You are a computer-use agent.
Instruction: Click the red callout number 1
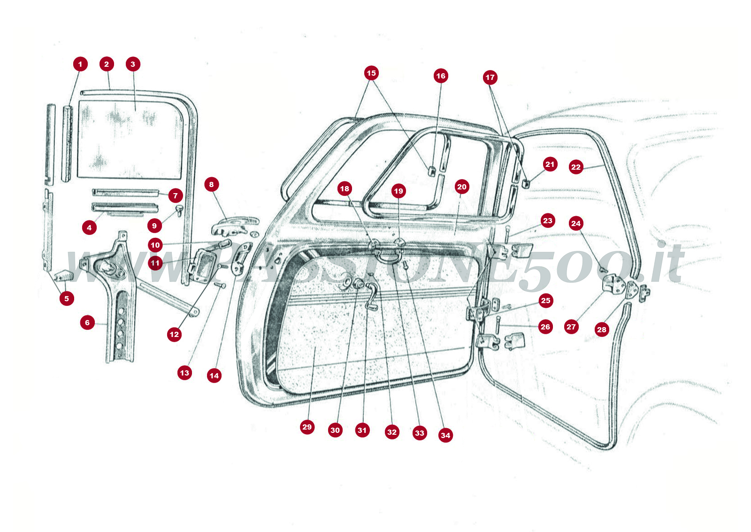pos(80,64)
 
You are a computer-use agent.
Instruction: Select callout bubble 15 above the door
pos(371,73)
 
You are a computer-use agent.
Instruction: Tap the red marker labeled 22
pos(576,167)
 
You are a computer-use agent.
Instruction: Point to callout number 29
pos(307,427)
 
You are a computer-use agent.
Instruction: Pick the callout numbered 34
pos(445,435)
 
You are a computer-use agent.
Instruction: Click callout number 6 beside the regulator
pos(87,322)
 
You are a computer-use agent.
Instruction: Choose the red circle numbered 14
pos(214,376)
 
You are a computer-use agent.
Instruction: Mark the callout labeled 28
pos(602,329)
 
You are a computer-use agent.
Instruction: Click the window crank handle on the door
pos(373,295)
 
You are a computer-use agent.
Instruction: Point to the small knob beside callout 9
pos(179,209)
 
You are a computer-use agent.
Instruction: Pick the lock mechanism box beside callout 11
pos(203,266)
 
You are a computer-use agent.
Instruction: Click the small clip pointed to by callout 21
pos(526,184)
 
